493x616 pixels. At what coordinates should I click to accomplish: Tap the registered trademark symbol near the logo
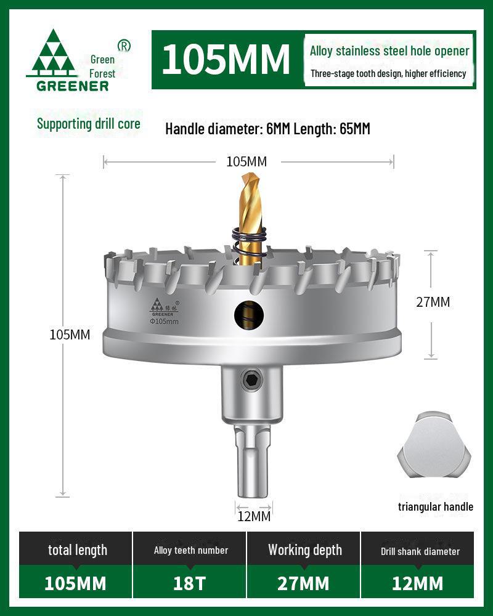[124, 46]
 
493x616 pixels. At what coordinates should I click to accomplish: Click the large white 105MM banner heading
[226, 59]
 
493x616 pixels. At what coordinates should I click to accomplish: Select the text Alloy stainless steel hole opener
[389, 51]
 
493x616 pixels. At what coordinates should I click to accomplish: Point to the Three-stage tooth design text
[388, 74]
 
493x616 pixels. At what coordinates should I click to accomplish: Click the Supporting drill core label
[89, 124]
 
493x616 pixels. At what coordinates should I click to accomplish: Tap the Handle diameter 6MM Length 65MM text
[267, 129]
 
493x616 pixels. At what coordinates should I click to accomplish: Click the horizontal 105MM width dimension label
[246, 162]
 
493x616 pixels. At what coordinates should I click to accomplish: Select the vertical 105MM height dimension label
[70, 335]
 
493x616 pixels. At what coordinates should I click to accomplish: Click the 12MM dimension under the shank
[254, 516]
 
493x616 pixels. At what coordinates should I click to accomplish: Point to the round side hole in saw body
[249, 315]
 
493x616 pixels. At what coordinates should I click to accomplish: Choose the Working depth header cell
[304, 550]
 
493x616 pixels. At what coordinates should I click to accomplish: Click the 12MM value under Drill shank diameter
[417, 583]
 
